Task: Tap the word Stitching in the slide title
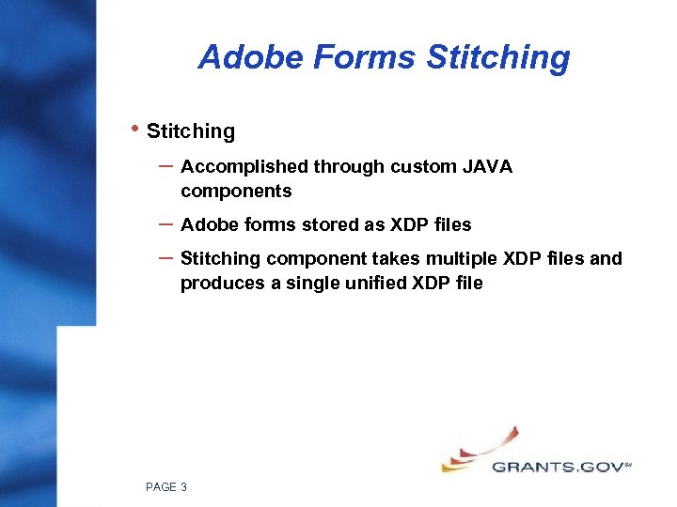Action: pos(498,58)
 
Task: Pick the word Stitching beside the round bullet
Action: pos(191,131)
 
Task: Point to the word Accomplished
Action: pos(244,167)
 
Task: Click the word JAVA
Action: pos(488,167)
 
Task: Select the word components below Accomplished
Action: pos(236,192)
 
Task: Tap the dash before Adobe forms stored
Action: pos(165,223)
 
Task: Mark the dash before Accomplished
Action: pos(165,164)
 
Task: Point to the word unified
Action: pos(375,283)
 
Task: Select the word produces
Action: pos(222,284)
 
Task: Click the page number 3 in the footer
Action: pos(182,486)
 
